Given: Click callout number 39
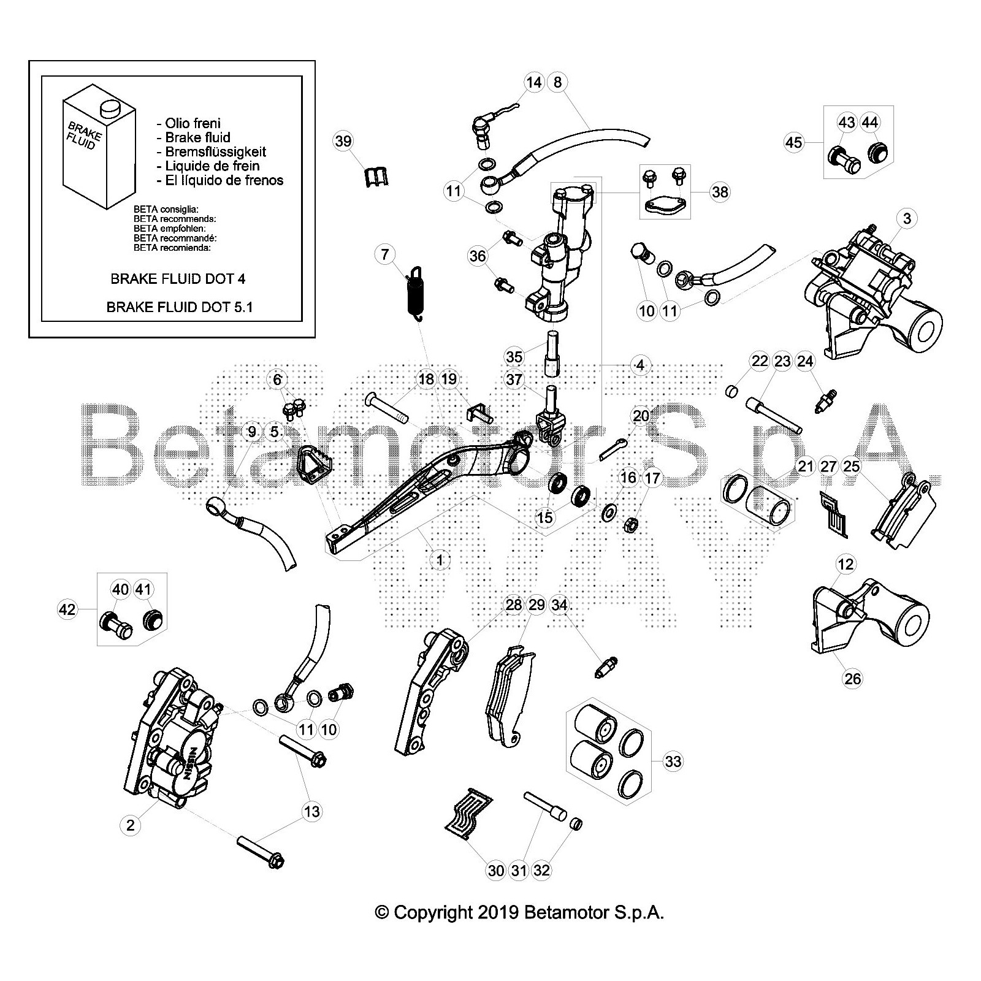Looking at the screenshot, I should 343,142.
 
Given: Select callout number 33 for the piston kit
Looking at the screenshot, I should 673,762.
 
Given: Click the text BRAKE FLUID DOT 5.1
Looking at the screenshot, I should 179,307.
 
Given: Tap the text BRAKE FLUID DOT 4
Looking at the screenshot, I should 178,279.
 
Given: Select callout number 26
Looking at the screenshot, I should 852,678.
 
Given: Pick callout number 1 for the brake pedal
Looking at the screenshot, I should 439,559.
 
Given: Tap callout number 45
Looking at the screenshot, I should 793,142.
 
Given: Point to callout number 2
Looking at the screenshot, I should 130,825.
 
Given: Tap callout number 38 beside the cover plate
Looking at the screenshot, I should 720,192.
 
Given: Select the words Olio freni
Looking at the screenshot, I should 193,124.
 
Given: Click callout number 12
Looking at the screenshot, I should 845,563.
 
